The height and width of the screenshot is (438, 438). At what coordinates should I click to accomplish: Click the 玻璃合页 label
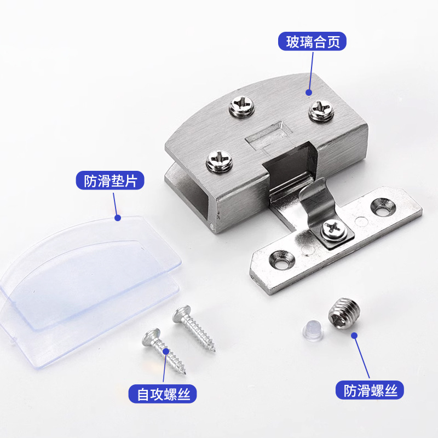pyautogui.click(x=312, y=42)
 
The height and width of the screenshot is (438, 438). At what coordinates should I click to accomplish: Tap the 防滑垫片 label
pyautogui.click(x=110, y=181)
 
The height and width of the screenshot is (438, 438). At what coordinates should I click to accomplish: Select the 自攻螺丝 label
pyautogui.click(x=163, y=394)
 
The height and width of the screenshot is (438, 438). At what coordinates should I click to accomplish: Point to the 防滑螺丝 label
pyautogui.click(x=370, y=390)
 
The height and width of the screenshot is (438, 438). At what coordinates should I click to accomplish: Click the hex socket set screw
pyautogui.click(x=344, y=313)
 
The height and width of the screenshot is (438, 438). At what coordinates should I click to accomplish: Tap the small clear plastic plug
pyautogui.click(x=313, y=328)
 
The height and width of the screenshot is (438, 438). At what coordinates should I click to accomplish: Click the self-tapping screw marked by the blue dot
pyautogui.click(x=164, y=351)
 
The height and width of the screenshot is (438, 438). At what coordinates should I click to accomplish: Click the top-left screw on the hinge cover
pyautogui.click(x=242, y=106)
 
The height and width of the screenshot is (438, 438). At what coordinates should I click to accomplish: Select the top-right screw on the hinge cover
pyautogui.click(x=321, y=110)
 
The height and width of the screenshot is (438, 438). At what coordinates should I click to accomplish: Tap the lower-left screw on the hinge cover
pyautogui.click(x=220, y=161)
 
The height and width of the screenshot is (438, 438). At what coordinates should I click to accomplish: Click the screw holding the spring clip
pyautogui.click(x=333, y=229)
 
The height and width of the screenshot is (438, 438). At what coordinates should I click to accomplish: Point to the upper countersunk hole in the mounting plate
pyautogui.click(x=383, y=207)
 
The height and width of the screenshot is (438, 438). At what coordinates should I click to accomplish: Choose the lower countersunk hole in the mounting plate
pyautogui.click(x=281, y=260)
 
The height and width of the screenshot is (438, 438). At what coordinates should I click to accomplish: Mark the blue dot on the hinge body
pyautogui.click(x=309, y=92)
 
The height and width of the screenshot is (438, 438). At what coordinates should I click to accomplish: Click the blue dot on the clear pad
pyautogui.click(x=118, y=217)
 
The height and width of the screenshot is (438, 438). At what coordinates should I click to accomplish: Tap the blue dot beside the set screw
pyautogui.click(x=354, y=335)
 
